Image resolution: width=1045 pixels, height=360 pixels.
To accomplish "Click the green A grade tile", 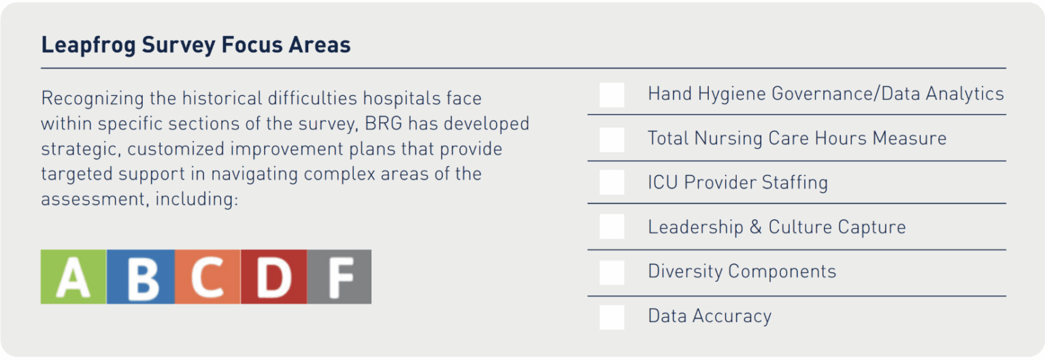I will pyautogui.click(x=73, y=276).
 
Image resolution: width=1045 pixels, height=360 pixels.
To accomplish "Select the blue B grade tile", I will pyautogui.click(x=140, y=276).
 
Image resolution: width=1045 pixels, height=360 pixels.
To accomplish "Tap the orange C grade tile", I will pyautogui.click(x=207, y=276).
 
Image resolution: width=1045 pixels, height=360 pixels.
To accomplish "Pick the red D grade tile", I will pyautogui.click(x=273, y=276).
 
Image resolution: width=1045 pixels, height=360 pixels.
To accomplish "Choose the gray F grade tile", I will pyautogui.click(x=339, y=276).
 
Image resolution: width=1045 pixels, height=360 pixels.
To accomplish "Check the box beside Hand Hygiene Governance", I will pyautogui.click(x=612, y=95).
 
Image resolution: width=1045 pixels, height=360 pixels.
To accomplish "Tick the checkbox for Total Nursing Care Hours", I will pyautogui.click(x=612, y=139).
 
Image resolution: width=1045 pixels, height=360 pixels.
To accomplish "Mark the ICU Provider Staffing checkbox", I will pyautogui.click(x=612, y=182).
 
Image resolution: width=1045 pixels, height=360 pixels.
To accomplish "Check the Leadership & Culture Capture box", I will pyautogui.click(x=612, y=227).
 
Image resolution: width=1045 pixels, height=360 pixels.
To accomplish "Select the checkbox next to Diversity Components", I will pyautogui.click(x=612, y=272).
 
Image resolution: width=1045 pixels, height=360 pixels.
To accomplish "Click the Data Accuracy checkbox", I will pyautogui.click(x=612, y=316).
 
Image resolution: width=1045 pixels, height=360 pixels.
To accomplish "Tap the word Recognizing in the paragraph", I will pyautogui.click(x=93, y=99).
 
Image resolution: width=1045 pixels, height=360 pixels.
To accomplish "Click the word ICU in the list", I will pyautogui.click(x=662, y=182).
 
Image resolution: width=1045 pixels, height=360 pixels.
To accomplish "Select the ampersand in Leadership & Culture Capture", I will pyautogui.click(x=755, y=227).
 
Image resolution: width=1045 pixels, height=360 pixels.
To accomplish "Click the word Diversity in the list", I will pyautogui.click(x=684, y=272).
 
